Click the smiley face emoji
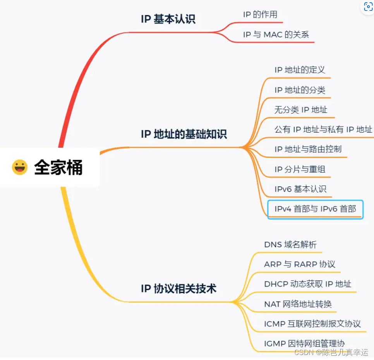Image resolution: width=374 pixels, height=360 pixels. (20, 167)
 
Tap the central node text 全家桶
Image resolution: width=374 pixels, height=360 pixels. (58, 167)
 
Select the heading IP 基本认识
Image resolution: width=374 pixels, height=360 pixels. (168, 19)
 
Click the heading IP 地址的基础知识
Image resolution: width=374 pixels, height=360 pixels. (184, 134)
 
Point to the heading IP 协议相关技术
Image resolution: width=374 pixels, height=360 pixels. (178, 288)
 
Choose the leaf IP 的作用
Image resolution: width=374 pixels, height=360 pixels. (260, 15)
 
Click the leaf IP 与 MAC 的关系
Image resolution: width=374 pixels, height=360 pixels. (276, 35)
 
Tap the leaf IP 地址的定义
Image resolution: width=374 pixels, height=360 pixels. (300, 70)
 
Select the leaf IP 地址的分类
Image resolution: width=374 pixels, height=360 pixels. (300, 90)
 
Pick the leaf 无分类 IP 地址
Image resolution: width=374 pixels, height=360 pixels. (301, 110)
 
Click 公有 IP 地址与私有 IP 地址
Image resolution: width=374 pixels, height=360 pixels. (323, 130)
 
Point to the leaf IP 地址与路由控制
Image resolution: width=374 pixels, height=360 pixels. (308, 149)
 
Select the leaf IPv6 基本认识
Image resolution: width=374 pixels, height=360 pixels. (300, 189)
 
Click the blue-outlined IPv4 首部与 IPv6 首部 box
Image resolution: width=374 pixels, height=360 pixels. (315, 209)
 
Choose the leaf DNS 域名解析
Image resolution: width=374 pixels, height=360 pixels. (290, 244)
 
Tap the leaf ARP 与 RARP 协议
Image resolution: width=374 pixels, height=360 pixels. (300, 264)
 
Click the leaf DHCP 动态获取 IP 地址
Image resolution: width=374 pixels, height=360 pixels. (308, 284)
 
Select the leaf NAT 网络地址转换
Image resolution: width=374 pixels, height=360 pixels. (298, 304)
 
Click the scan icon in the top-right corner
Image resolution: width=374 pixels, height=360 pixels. (368, 7)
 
